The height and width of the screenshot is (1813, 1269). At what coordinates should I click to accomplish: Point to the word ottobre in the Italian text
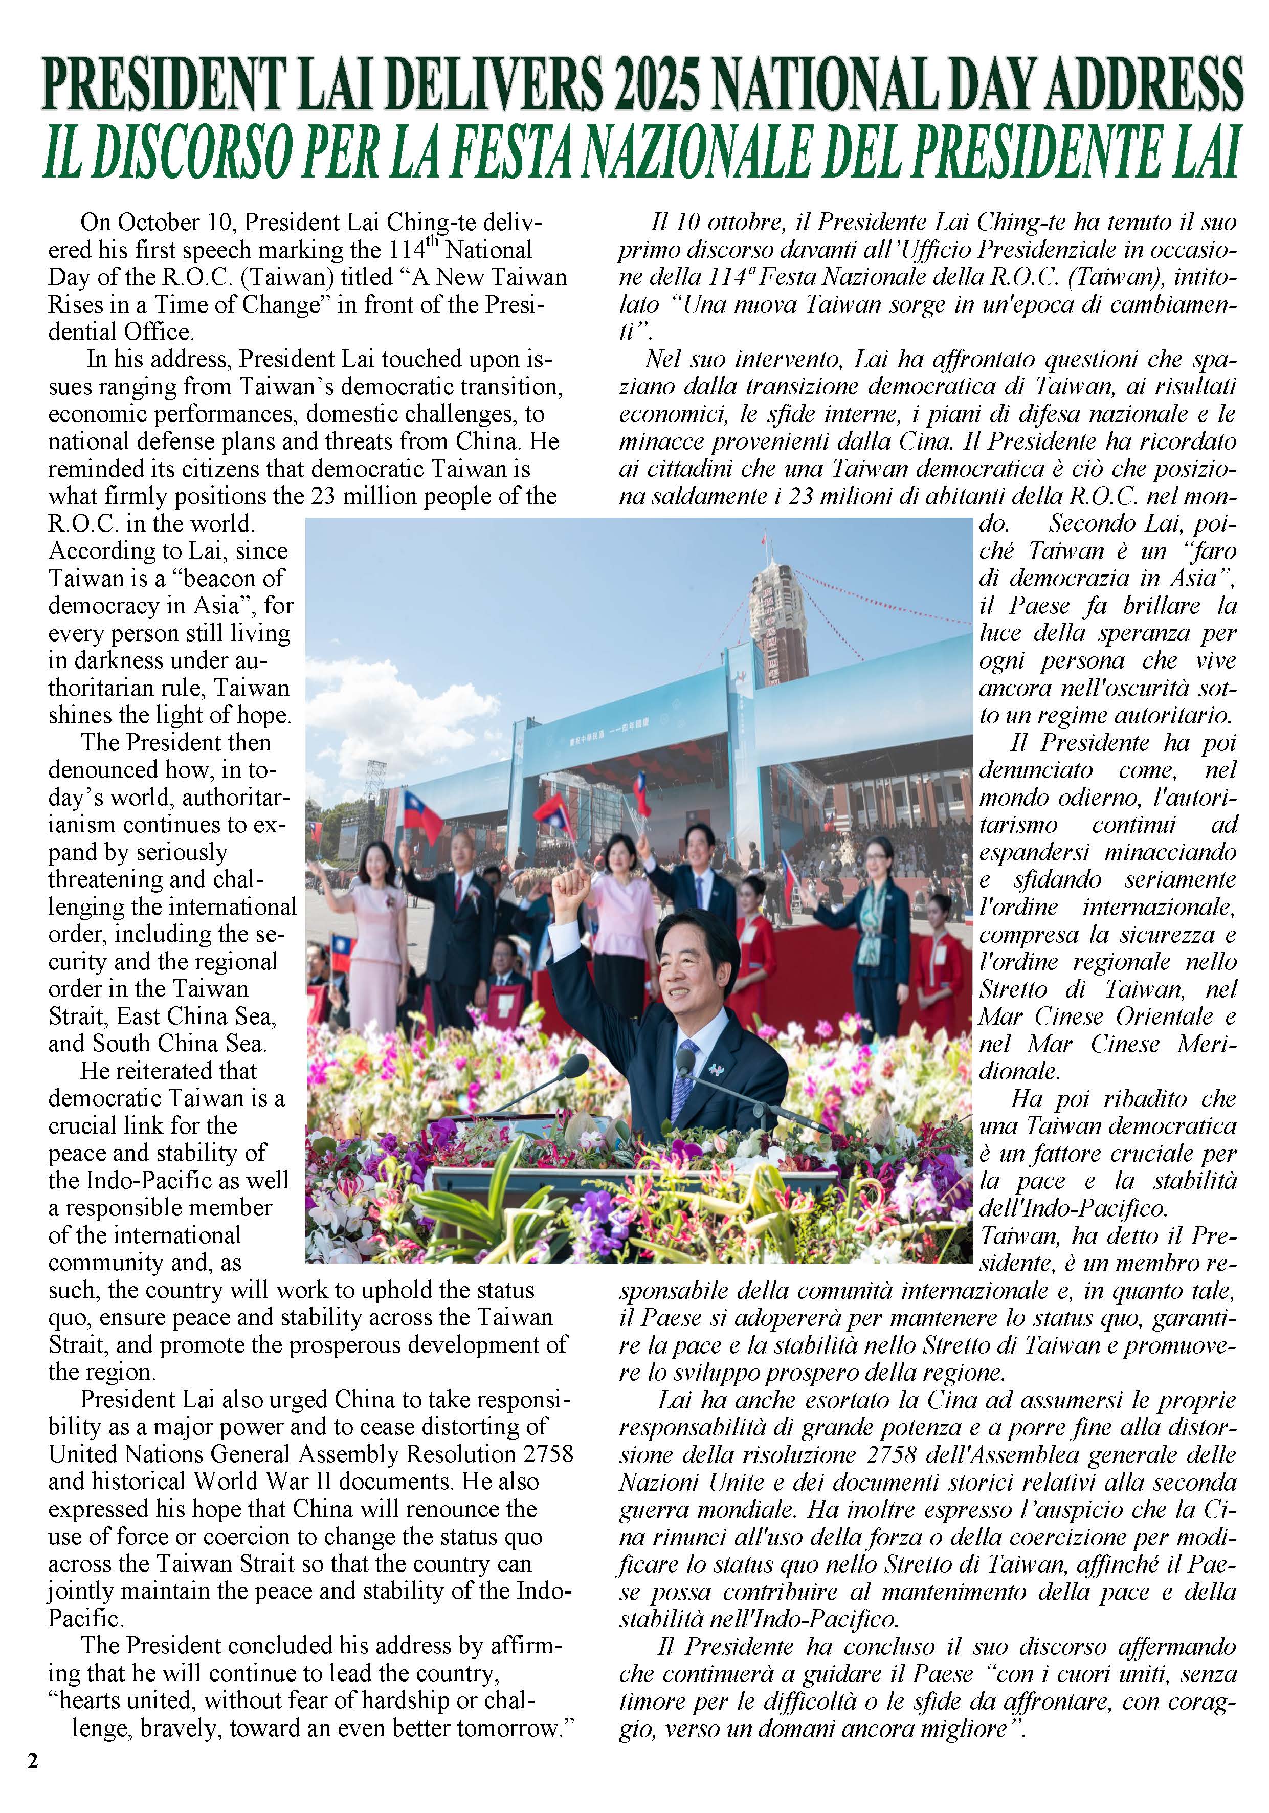(x=740, y=223)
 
